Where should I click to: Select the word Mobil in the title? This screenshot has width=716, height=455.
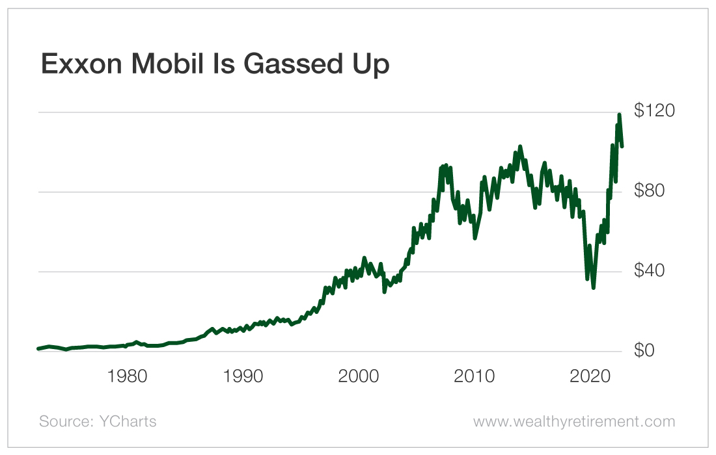pos(174,64)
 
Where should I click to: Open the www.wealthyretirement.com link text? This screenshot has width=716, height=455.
pos(574,422)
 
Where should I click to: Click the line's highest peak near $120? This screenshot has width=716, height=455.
pos(619,115)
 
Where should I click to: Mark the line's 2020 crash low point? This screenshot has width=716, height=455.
pos(593,287)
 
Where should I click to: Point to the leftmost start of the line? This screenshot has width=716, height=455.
pos(38,349)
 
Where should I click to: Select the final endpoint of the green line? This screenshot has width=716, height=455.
pos(622,146)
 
